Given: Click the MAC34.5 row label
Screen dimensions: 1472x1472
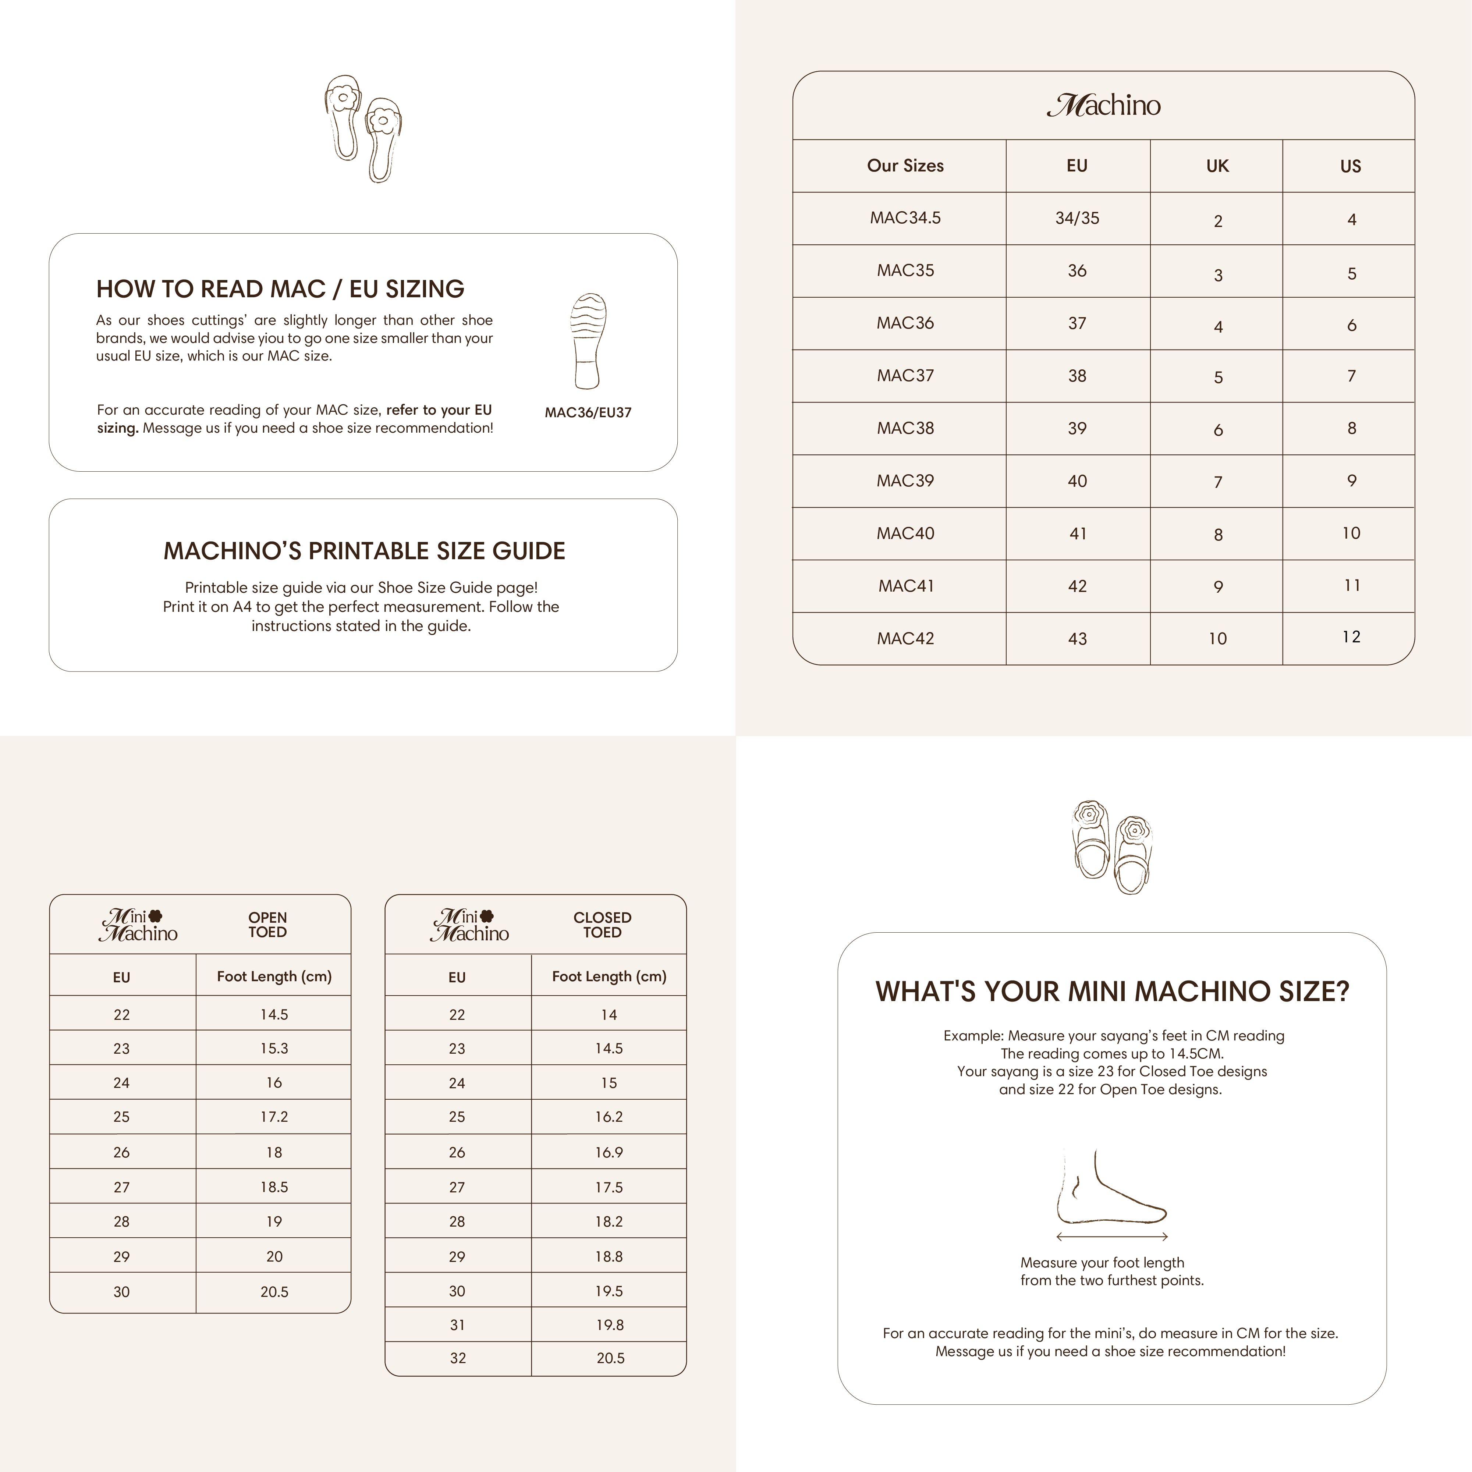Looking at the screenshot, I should point(905,218).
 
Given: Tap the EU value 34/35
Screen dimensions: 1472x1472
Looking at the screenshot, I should point(1076,218).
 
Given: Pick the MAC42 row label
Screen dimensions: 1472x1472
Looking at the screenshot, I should point(905,638).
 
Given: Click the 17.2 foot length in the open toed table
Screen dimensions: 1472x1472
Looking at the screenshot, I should point(274,1117).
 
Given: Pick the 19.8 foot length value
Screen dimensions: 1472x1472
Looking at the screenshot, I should point(610,1325).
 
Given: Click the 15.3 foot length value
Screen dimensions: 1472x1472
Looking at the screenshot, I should point(274,1049).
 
